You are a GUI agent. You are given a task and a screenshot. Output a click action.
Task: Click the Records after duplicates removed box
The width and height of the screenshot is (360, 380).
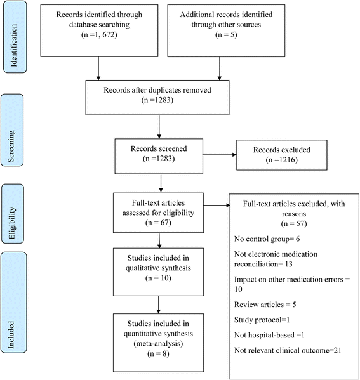[159, 93]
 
